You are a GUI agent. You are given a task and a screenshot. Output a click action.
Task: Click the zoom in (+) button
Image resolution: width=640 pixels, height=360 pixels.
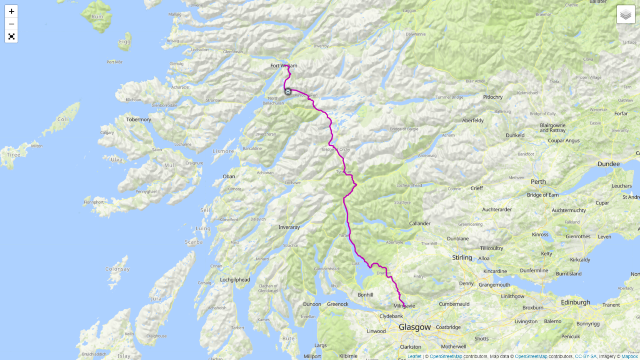click(11, 11)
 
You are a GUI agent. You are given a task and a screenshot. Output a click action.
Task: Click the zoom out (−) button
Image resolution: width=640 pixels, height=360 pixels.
click(11, 24)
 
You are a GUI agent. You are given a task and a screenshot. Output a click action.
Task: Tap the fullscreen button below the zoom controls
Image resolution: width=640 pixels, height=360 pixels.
click(11, 37)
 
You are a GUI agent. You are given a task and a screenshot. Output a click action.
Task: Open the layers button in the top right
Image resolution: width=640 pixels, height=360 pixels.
click(625, 15)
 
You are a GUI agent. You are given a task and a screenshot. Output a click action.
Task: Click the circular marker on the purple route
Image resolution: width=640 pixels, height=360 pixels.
click(288, 92)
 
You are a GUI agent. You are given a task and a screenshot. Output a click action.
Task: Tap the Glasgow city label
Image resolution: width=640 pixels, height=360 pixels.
click(415, 327)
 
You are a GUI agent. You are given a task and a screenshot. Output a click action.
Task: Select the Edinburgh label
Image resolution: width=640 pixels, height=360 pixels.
click(575, 302)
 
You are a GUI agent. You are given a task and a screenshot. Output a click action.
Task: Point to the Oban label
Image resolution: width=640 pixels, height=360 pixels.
click(229, 176)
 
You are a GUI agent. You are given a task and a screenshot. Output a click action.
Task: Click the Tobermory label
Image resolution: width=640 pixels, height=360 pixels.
click(139, 120)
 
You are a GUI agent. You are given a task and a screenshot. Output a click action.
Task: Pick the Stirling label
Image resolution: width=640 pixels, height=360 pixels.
click(462, 257)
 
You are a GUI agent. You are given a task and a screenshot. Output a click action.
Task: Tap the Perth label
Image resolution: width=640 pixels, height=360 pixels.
click(538, 182)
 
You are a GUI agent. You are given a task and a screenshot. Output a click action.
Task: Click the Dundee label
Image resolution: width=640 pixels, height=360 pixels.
click(608, 164)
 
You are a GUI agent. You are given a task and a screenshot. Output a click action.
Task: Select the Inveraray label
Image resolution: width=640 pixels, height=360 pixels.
click(289, 227)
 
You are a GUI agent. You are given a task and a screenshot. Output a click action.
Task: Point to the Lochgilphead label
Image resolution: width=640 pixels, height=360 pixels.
click(235, 280)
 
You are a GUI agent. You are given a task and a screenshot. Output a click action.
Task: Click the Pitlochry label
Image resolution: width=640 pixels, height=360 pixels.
click(493, 97)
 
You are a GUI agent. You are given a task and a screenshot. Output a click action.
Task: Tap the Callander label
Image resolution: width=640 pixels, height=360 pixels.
click(420, 224)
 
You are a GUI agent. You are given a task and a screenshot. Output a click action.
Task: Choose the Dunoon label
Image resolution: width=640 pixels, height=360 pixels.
click(312, 304)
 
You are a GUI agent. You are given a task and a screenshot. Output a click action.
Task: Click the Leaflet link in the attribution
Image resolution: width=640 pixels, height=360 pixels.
click(414, 357)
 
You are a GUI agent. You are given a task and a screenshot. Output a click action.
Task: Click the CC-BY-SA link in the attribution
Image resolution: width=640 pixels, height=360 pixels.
click(585, 357)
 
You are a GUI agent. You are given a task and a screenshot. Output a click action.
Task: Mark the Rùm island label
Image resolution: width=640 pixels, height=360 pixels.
click(97, 17)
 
